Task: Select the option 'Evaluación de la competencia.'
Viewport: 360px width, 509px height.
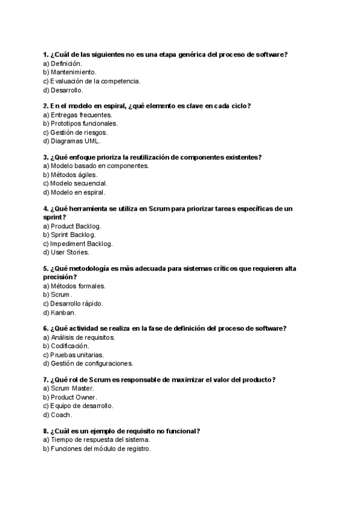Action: point(92,81)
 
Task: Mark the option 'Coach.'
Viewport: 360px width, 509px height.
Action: point(61,415)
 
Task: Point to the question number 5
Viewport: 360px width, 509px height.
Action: point(46,269)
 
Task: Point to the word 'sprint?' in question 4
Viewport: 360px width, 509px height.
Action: point(55,217)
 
